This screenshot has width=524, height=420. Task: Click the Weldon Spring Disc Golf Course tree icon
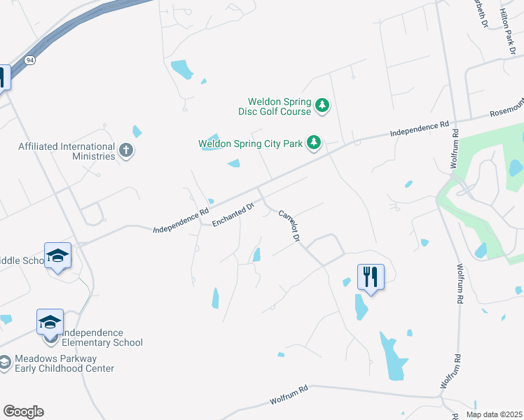[322, 106]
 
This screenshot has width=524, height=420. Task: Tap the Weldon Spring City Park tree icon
[315, 143]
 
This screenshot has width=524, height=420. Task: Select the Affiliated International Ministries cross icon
[126, 151]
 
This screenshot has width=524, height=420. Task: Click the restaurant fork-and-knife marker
[371, 276]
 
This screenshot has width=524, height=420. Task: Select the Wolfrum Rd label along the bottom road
[289, 397]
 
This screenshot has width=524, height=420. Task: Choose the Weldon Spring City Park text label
[250, 143]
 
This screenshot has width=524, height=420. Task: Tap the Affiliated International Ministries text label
[67, 151]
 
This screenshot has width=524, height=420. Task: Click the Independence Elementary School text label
[98, 337]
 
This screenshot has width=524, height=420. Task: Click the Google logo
[23, 411]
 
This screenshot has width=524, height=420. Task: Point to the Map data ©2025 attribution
[494, 414]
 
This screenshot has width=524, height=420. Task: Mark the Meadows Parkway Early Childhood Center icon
[4, 363]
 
